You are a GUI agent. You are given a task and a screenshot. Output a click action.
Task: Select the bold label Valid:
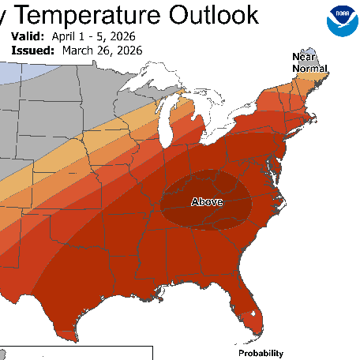click(x=29, y=37)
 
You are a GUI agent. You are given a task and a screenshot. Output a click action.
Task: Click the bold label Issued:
click(x=32, y=50)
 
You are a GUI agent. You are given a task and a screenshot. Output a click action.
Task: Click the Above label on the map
click(x=207, y=202)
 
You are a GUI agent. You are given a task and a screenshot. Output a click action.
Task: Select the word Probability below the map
click(x=261, y=353)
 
